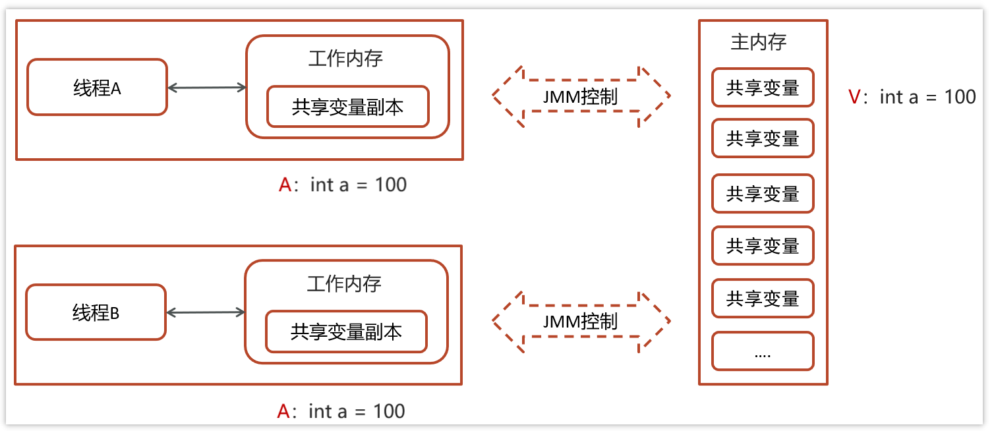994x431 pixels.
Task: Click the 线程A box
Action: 97,88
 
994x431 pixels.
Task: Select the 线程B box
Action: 96,312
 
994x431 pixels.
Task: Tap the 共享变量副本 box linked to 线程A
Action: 347,107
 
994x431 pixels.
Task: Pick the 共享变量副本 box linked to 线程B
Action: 346,331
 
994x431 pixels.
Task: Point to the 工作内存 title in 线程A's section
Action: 345,59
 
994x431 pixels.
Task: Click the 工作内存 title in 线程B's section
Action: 344,284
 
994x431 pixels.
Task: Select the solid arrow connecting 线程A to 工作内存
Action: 206,88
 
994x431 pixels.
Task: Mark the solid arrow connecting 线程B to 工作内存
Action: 205,312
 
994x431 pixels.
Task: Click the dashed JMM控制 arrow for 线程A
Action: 581,96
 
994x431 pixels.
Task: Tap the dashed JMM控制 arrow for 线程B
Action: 581,321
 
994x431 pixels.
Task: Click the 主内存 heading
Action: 759,42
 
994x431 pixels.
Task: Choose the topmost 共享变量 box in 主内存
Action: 763,88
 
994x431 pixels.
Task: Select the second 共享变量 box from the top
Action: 763,138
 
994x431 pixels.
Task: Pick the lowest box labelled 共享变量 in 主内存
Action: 763,299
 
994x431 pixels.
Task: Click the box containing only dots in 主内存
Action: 763,351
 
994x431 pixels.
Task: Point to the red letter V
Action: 854,97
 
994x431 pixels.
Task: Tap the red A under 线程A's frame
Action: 285,185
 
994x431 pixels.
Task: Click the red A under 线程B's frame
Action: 283,411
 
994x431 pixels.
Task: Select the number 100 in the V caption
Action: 960,97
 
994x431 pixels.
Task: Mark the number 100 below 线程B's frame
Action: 389,411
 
